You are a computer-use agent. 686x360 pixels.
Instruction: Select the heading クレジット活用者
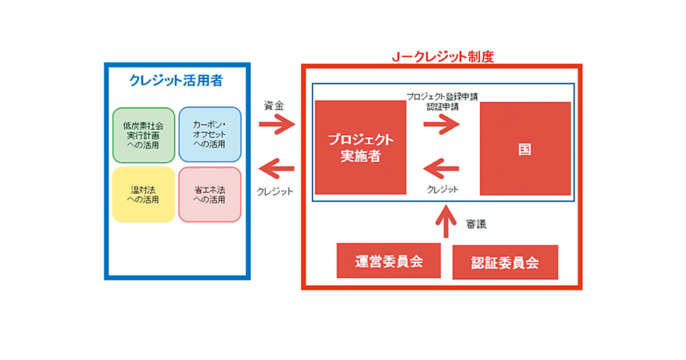click(x=176, y=81)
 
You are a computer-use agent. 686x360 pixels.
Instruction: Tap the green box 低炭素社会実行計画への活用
click(x=143, y=135)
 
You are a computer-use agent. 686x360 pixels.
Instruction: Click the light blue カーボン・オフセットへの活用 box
click(x=209, y=135)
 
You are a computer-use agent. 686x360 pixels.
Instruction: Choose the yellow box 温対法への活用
click(x=143, y=194)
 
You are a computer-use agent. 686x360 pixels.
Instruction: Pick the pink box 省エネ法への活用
click(x=209, y=194)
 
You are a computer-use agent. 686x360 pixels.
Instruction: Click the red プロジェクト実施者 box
click(x=360, y=148)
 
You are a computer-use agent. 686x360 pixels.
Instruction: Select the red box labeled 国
click(x=525, y=149)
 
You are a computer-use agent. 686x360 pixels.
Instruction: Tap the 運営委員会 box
click(x=389, y=262)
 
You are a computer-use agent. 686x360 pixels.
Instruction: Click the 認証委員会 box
click(x=505, y=263)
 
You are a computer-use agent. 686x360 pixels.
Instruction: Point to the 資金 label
click(x=273, y=106)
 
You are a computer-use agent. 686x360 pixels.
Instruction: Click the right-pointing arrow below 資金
click(x=276, y=123)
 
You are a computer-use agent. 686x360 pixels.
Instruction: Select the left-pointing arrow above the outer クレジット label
click(x=276, y=168)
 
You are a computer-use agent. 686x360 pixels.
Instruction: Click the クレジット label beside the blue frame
click(x=275, y=191)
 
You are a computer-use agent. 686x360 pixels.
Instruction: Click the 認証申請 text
click(x=442, y=106)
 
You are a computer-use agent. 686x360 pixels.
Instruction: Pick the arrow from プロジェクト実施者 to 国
click(x=441, y=125)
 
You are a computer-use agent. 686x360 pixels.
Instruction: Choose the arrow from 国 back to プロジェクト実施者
click(x=441, y=169)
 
